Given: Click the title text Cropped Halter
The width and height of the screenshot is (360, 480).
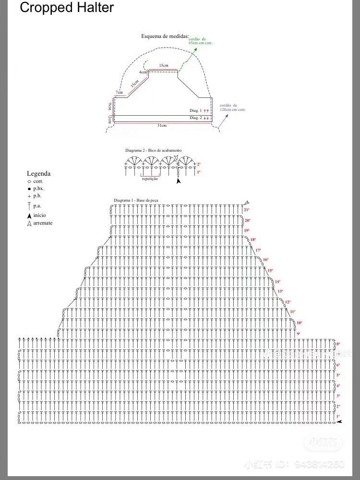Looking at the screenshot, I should [67, 8].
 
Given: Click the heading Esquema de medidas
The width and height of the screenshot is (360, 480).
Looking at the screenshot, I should [165, 36].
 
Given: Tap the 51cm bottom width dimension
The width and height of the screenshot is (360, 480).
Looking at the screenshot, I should [162, 126].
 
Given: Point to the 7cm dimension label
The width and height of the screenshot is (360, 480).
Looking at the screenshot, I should [119, 92].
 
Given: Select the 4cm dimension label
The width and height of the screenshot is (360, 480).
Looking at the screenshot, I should [143, 72].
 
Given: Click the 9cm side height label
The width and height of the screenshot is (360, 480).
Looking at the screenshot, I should [110, 106].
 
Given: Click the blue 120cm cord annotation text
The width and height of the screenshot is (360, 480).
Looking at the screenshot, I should [232, 107].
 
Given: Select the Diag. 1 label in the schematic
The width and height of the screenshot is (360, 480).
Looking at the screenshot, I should [194, 110].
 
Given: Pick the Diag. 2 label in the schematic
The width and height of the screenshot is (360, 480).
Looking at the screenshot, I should [194, 118].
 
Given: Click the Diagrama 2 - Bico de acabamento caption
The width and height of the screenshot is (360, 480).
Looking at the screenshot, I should [153, 150].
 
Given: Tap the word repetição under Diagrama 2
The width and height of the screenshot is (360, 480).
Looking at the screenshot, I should [150, 179].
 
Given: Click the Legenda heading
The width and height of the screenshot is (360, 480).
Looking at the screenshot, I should [38, 174].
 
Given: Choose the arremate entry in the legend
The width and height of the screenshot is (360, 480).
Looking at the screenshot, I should [43, 223].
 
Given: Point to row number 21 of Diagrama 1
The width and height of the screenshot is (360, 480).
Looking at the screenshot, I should [247, 210].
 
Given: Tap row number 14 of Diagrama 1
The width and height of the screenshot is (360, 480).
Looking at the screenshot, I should [277, 282].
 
